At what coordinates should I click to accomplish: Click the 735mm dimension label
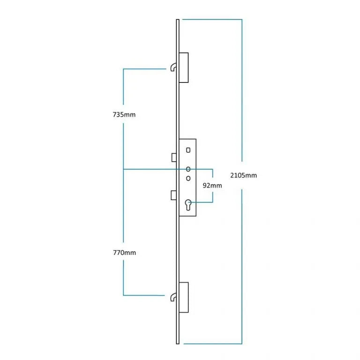click(124, 114)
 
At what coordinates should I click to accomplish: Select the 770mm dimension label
click(124, 253)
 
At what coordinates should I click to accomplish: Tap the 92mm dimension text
click(212, 186)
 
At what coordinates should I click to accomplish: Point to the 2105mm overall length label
click(243, 175)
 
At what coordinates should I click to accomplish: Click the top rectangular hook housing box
click(184, 67)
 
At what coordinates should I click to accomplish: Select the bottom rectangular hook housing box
click(184, 297)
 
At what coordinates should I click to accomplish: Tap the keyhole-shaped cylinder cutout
click(188, 205)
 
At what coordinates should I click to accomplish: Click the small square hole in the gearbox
click(188, 150)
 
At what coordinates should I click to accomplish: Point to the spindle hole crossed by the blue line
click(188, 169)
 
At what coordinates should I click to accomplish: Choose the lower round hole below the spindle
click(188, 178)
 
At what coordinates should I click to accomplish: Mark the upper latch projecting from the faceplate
click(174, 157)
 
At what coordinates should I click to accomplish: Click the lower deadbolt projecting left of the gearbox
click(173, 195)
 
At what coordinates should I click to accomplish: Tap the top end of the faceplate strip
click(178, 20)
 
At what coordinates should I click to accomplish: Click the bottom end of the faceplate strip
click(178, 344)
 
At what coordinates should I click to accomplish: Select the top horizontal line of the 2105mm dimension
click(212, 20)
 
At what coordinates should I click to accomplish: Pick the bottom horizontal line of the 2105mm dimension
click(213, 344)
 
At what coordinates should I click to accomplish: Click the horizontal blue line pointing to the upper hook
click(145, 68)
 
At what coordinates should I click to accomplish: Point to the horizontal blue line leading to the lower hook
click(144, 295)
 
